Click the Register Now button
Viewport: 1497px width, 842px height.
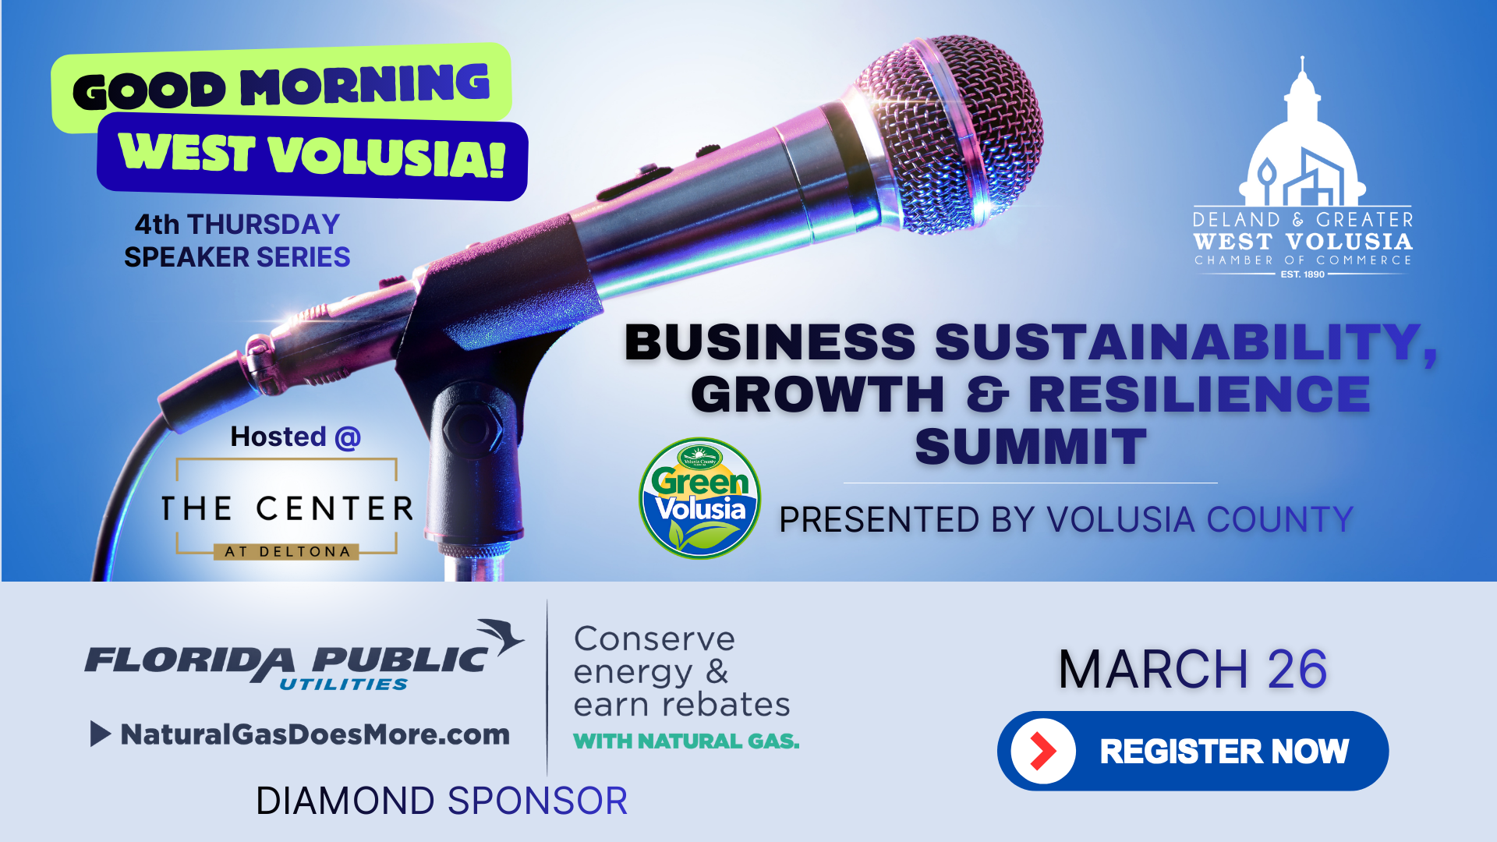[1193, 751]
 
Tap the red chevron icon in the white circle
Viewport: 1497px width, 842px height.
[1042, 751]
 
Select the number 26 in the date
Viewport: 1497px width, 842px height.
[1297, 669]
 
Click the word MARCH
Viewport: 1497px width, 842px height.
[1154, 669]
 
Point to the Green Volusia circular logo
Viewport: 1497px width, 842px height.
[699, 498]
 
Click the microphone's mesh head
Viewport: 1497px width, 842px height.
[951, 133]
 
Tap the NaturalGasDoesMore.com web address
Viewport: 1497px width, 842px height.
[315, 734]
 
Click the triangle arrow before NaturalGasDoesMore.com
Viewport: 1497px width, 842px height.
[100, 734]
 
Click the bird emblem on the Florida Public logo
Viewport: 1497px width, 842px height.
[501, 635]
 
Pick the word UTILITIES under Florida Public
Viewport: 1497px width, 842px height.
[344, 685]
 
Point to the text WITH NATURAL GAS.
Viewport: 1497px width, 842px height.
[686, 741]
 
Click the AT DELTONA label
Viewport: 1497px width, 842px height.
[287, 552]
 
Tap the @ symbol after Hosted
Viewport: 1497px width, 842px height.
[348, 438]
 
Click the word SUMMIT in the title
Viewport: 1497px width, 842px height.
[1031, 447]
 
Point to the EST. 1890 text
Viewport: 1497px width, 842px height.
[1303, 274]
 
